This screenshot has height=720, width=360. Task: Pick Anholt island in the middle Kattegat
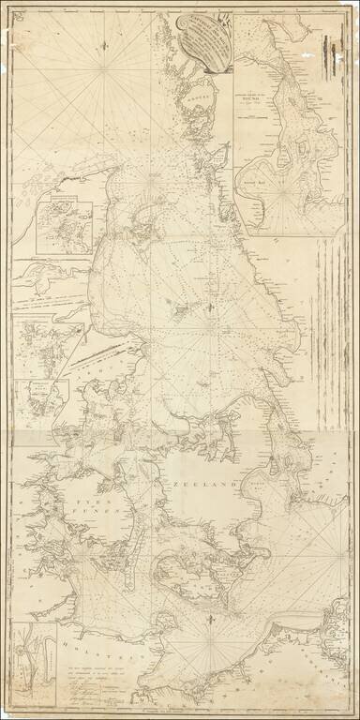coord(178,304)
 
